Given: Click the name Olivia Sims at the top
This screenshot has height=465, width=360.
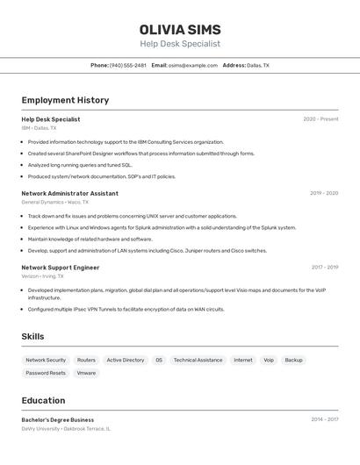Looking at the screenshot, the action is point(180,29).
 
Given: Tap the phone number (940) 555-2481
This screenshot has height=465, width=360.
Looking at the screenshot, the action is point(128,65).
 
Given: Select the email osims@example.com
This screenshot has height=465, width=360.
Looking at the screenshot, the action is point(192,65).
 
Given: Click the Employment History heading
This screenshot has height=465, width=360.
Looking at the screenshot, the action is point(65,100).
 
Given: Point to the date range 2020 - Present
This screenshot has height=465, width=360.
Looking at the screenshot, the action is point(320,119).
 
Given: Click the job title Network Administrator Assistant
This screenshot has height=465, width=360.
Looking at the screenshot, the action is point(69,193).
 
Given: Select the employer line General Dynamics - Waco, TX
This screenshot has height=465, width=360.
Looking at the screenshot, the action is point(54,202).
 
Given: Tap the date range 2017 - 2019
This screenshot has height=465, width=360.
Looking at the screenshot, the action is point(324,268).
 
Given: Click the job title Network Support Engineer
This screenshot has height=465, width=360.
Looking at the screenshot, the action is point(60,268).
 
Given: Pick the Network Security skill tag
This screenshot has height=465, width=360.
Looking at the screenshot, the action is point(46,360).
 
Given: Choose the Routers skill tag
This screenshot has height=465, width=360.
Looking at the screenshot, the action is point(86,360).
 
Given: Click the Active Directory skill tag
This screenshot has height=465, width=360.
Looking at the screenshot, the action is point(126,360).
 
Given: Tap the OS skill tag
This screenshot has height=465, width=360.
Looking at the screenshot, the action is point(159,360).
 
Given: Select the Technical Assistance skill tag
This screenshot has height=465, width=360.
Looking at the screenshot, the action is point(198,360).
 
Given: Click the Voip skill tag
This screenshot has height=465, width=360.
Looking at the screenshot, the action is point(269,360).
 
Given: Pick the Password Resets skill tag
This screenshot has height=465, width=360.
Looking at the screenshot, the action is point(46,373).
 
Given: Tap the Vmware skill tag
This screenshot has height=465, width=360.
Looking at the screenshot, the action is point(86,373).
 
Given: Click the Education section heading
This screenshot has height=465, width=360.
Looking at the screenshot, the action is point(43,400).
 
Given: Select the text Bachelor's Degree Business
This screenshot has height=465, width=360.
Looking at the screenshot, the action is point(57,419).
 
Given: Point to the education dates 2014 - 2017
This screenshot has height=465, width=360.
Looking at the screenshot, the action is point(324,419).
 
